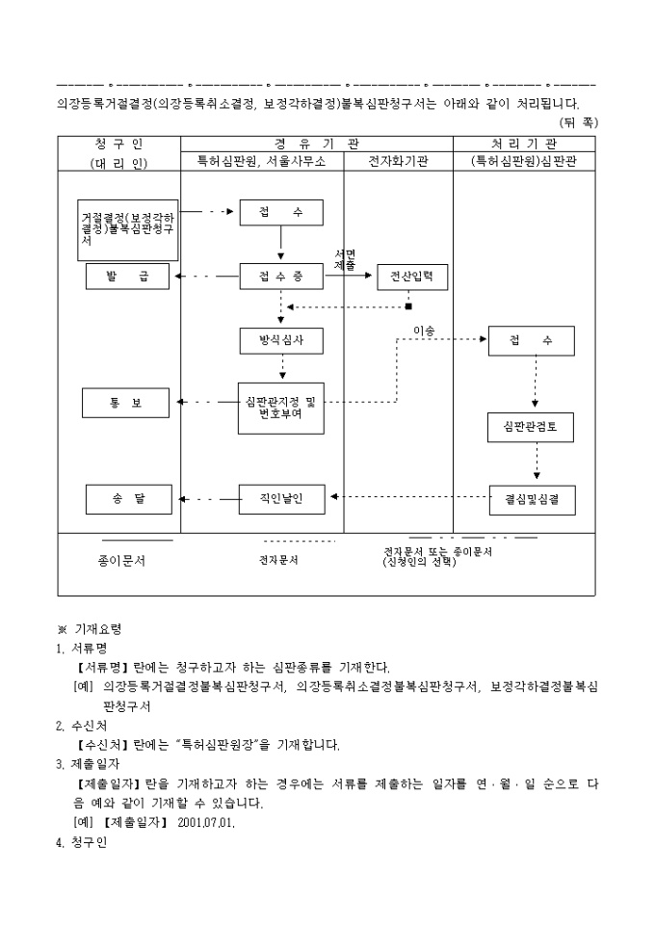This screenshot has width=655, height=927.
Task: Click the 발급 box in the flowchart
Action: click(127, 277)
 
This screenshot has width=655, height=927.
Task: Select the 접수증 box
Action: click(280, 277)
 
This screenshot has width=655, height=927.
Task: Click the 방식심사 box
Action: click(281, 341)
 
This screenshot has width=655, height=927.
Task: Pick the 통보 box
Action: click(126, 402)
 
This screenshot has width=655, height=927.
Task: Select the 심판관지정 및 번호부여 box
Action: click(280, 408)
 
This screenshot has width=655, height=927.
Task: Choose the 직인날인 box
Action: click(281, 498)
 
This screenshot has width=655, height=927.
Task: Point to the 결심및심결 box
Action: click(532, 499)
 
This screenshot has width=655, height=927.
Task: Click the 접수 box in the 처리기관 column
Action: click(531, 341)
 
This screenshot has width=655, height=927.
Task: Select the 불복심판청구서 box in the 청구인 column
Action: click(128, 230)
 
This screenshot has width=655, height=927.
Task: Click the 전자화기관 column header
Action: click(399, 162)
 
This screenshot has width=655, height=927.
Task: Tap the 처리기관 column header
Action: click(523, 144)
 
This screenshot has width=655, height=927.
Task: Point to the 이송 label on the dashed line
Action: click(424, 331)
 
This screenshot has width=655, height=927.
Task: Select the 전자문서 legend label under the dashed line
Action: click(279, 559)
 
